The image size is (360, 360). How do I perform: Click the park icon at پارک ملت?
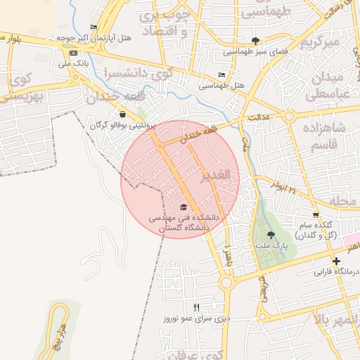[x=271, y=236]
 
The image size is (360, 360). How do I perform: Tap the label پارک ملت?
[x=281, y=247]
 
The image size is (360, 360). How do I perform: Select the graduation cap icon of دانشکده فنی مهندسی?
[x=184, y=207]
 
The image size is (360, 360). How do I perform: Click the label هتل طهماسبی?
[x=220, y=85]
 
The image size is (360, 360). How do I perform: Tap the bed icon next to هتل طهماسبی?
[x=222, y=75]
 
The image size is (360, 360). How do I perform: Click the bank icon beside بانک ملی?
[x=74, y=53]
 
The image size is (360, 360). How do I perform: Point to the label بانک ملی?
[x=75, y=64]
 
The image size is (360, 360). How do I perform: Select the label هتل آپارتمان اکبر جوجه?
[x=82, y=37]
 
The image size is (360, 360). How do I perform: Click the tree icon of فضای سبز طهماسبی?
[x=255, y=41]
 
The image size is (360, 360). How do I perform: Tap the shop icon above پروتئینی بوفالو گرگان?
[x=122, y=115]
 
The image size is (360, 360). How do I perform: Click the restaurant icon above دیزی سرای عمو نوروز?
[x=196, y=307]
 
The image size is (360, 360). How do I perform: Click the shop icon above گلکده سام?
[x=316, y=214]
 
